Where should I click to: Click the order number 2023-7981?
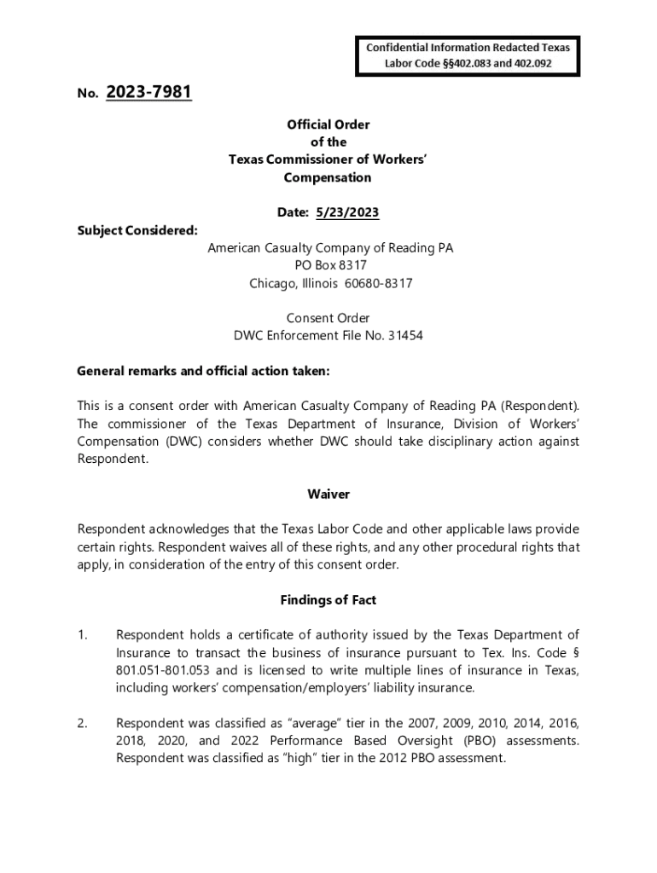point(149,92)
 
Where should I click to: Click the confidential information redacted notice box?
point(468,56)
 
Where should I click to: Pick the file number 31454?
point(406,336)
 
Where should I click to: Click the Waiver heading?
point(328,494)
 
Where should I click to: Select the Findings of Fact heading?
point(328,600)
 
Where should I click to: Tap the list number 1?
point(82,635)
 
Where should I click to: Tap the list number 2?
point(82,723)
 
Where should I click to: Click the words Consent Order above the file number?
point(328,318)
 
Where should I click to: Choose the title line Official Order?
point(328,124)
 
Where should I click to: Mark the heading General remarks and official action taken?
point(203,372)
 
